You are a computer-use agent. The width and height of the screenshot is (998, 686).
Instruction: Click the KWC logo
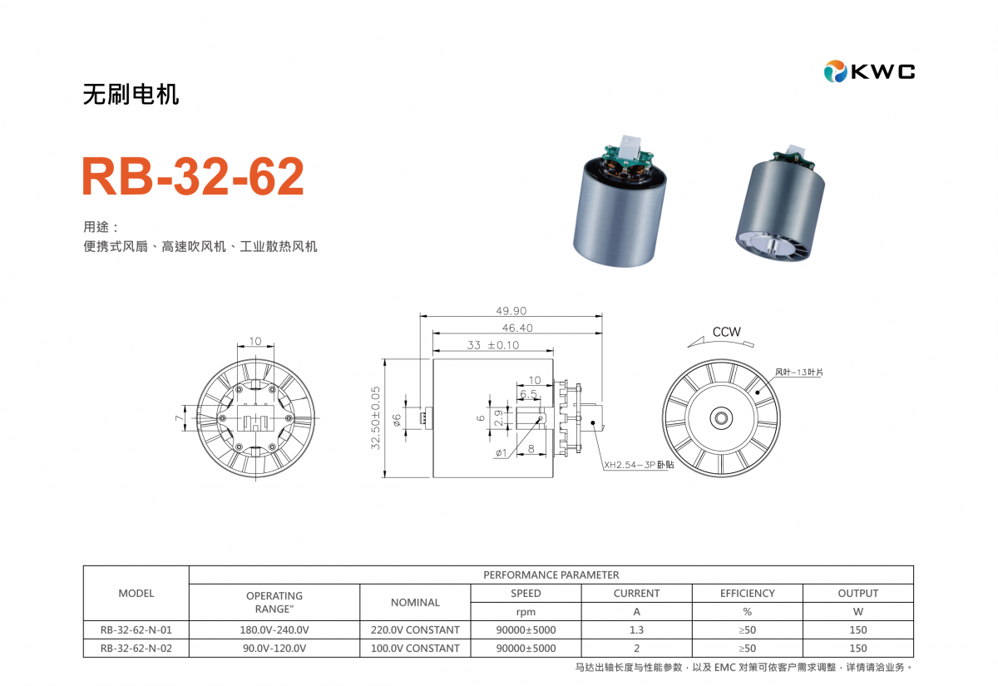pos(869,72)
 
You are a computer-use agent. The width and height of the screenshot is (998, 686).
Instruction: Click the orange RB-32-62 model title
pos(193,176)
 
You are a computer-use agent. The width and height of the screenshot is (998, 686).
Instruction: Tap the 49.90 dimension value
pos(511,310)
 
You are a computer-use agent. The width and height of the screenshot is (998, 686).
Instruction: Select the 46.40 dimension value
pos(517,328)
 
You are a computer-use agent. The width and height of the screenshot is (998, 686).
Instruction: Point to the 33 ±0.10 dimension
pos(492,345)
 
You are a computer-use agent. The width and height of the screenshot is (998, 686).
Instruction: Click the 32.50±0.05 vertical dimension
pos(376,417)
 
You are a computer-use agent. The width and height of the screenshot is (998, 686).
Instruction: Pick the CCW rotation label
pos(727,332)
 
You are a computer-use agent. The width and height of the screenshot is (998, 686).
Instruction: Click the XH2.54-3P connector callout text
pos(639,465)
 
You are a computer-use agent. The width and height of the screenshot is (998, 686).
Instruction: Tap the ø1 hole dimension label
pos(501,453)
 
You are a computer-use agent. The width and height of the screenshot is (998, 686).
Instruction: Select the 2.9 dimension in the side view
pos(499,417)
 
